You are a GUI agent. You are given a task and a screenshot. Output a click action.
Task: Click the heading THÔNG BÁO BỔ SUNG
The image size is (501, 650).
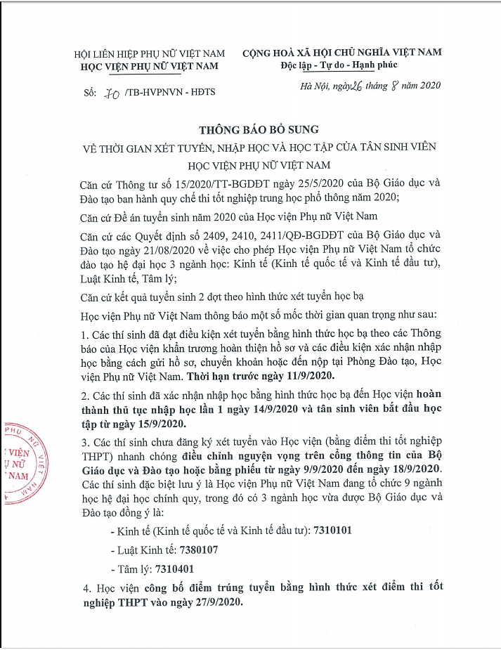coord(259,129)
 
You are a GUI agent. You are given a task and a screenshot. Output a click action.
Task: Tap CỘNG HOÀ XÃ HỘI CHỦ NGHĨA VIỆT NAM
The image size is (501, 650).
coord(342,53)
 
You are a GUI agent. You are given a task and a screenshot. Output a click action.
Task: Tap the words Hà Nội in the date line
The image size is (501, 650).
coord(311,86)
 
